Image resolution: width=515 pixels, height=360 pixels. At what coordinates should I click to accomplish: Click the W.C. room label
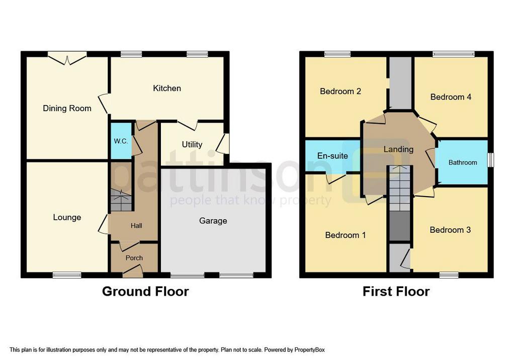120,141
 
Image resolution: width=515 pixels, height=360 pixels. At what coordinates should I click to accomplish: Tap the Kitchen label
167,88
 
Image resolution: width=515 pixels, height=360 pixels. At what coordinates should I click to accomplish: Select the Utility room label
192,144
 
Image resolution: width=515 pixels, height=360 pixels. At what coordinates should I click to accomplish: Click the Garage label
213,221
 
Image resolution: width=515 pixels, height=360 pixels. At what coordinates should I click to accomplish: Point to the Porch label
134,258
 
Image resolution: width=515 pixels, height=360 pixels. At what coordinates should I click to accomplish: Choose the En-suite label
332,156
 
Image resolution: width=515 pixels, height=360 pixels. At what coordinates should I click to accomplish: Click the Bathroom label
463,162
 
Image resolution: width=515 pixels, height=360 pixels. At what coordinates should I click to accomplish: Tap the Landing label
398,149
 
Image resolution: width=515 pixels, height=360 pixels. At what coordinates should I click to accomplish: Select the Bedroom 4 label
451,97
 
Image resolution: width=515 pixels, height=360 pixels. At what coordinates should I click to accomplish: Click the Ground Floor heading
145,292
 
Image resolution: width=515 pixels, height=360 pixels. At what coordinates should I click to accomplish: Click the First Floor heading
396,292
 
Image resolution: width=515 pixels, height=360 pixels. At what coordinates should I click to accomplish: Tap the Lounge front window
67,275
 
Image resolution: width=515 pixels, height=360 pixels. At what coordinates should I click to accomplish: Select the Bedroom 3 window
449,275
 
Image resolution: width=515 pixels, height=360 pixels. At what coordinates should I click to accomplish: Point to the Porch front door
133,272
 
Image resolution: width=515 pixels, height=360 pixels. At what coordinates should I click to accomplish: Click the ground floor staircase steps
120,201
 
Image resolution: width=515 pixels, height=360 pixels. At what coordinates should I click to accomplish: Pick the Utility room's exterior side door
225,144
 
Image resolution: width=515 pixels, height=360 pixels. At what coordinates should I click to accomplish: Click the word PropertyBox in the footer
311,349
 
